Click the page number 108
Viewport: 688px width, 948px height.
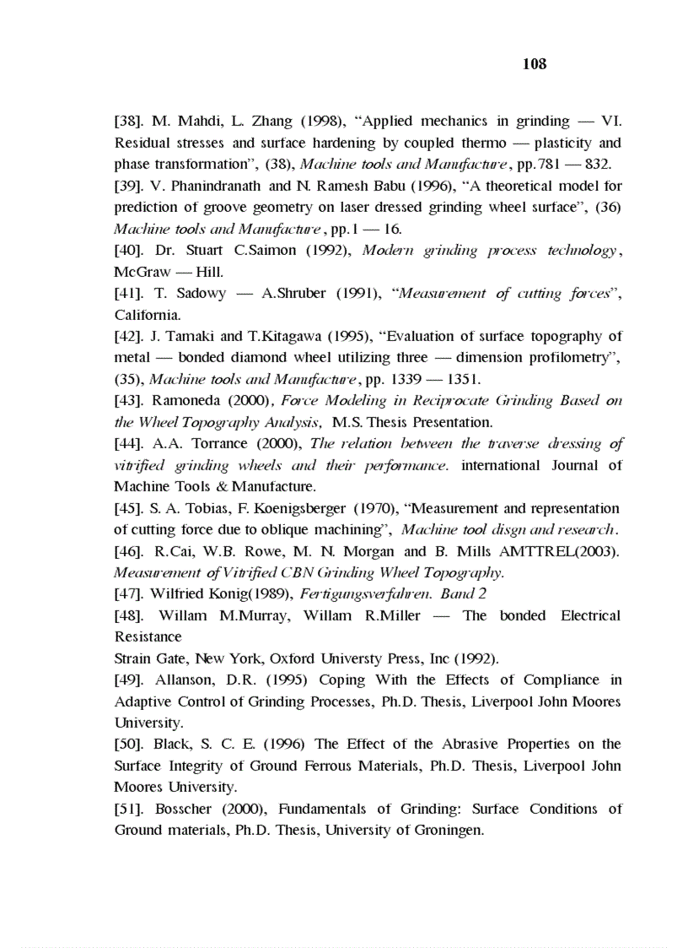(x=535, y=64)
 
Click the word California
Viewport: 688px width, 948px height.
(x=148, y=315)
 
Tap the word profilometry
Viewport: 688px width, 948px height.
(x=572, y=358)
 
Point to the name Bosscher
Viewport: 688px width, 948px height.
(x=186, y=809)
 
